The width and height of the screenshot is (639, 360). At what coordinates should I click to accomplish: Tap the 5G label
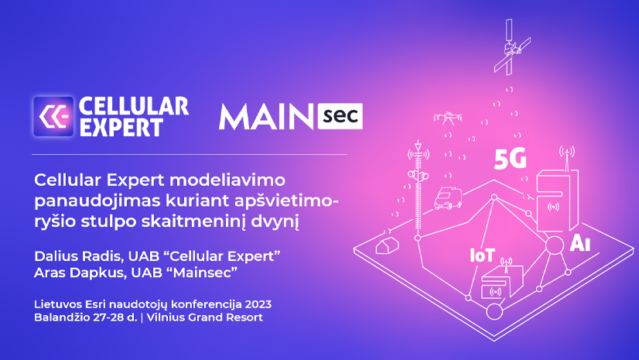click(x=510, y=160)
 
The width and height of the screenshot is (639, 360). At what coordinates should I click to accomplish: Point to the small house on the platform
click(x=386, y=246)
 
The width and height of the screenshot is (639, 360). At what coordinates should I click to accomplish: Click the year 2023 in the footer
click(x=255, y=303)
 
